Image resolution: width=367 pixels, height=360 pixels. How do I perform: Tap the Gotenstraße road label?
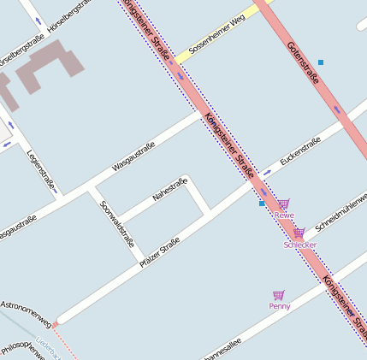303,62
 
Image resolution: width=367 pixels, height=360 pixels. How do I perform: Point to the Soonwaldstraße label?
117,224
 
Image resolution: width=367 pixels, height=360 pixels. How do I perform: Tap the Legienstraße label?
41,170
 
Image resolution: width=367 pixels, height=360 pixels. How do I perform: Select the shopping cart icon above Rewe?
284,204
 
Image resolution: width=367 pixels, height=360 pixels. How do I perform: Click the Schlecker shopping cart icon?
299,233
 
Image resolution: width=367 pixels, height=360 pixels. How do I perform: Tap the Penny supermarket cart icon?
278,295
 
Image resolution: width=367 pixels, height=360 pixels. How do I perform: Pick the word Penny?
280,306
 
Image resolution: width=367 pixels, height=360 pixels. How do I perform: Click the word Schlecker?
300,245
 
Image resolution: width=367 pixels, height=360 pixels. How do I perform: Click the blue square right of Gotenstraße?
321,62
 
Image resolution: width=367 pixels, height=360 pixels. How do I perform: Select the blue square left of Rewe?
262,204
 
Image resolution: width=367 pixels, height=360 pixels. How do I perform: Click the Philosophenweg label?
21,348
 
